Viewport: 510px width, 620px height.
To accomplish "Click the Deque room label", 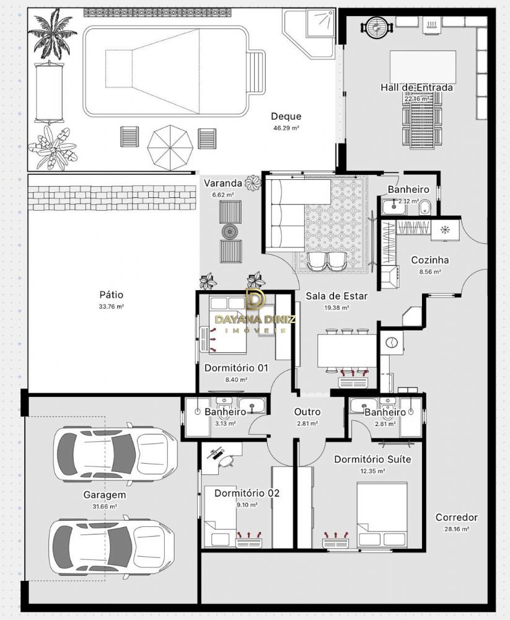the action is pyautogui.click(x=286, y=117).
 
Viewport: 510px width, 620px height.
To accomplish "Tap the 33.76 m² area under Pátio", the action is pyautogui.click(x=112, y=306).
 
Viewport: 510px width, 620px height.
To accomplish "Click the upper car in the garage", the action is pyautogui.click(x=115, y=454).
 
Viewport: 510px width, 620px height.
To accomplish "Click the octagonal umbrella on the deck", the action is pyautogui.click(x=170, y=148).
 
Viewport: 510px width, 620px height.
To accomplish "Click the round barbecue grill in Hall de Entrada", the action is pyautogui.click(x=377, y=26).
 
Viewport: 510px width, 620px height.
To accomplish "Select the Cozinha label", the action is pyautogui.click(x=429, y=260).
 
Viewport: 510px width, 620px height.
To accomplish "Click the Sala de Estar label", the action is pyautogui.click(x=336, y=296).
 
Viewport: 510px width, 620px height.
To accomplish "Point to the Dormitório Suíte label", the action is pyautogui.click(x=372, y=459).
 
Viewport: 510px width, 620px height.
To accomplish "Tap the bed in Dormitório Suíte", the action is pyautogui.click(x=382, y=515).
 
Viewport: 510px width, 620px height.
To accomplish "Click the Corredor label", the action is pyautogui.click(x=457, y=517).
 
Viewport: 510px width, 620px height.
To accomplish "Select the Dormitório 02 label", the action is pyautogui.click(x=247, y=493).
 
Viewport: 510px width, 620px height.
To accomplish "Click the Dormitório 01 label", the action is pyautogui.click(x=236, y=368).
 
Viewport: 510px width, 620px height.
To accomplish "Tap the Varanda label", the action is pyautogui.click(x=222, y=183).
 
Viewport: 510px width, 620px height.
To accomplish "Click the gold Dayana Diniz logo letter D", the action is pyautogui.click(x=255, y=299).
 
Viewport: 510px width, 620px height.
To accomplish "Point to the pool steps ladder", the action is pyautogui.click(x=256, y=71).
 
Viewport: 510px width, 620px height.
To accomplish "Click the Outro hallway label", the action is pyautogui.click(x=307, y=412).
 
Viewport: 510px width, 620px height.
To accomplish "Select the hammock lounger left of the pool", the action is pyautogui.click(x=48, y=92).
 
